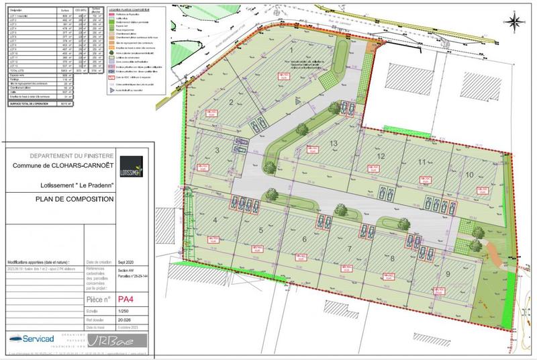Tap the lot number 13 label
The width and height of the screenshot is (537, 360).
(x=333, y=145)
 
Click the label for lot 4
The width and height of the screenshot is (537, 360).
(x=215, y=220)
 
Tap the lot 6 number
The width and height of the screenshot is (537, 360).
(x=304, y=240)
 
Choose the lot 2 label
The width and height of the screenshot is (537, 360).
(x=230, y=102)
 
